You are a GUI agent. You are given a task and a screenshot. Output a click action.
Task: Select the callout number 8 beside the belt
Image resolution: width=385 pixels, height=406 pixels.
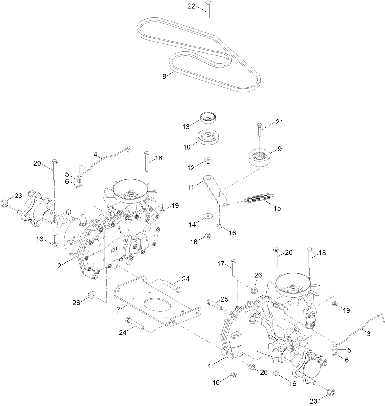[x=164, y=76]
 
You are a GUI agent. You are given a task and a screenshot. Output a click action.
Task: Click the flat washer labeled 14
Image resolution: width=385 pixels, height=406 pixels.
[x=208, y=216]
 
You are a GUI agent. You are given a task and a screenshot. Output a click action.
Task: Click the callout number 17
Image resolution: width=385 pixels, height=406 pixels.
[x=221, y=264]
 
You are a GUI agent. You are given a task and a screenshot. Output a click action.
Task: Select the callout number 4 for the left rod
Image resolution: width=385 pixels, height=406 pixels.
[x=95, y=155]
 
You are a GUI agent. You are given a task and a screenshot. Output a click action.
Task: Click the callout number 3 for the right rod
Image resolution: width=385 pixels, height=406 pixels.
[x=368, y=333]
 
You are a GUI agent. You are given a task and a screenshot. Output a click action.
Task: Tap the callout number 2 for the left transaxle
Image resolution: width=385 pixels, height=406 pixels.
[x=59, y=266]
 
